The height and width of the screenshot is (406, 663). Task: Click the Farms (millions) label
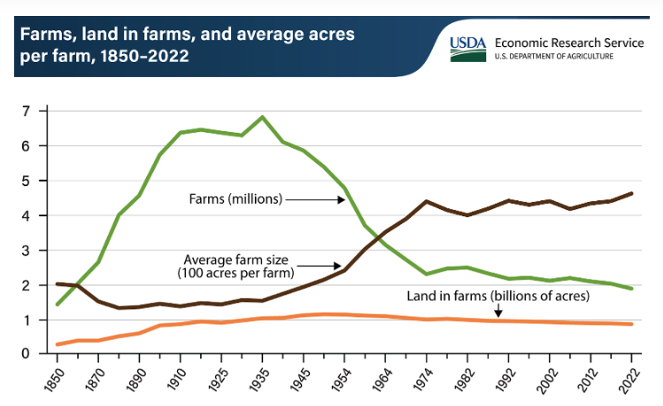235,199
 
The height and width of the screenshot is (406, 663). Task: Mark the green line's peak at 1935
262,117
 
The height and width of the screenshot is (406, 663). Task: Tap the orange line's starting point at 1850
58,344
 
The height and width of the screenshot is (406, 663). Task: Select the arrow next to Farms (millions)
315,199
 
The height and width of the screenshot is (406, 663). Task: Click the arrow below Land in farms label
498,311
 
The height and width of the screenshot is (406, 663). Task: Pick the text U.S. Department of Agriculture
556,56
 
